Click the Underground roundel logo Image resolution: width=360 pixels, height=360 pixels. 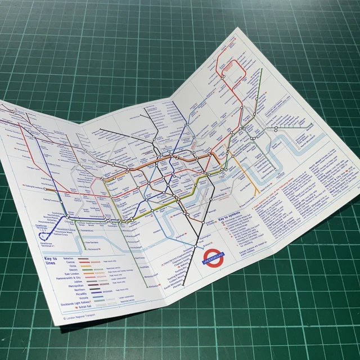[x=213, y=256]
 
